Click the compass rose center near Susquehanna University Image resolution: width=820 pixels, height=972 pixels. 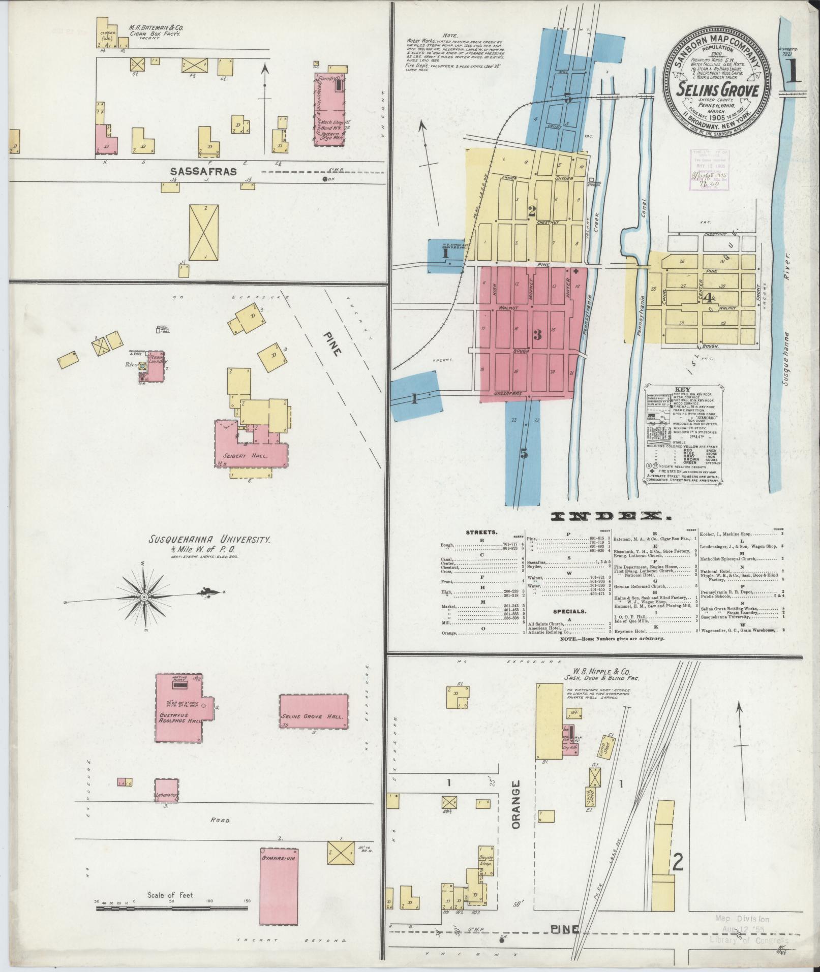pos(144,597)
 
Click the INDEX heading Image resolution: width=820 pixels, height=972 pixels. pos(611,517)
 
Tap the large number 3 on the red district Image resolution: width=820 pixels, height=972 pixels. pos(537,334)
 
